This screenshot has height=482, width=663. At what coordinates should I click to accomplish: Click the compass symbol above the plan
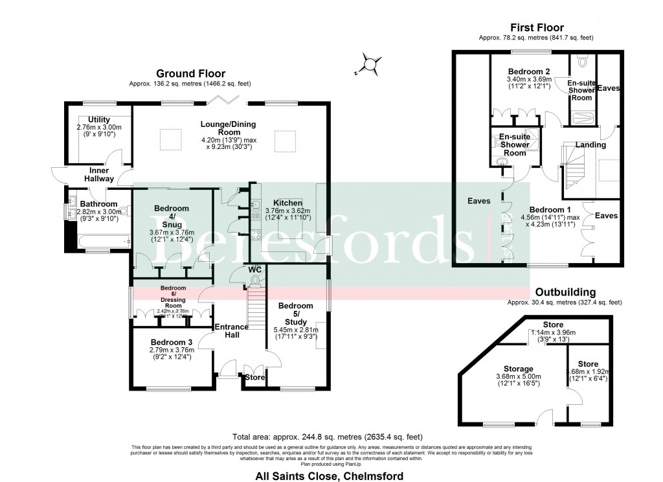[370, 64]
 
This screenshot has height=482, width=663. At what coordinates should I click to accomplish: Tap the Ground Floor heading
[190, 74]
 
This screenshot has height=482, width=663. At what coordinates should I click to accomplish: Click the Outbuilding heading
[565, 292]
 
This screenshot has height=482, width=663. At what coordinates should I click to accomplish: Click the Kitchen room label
[287, 202]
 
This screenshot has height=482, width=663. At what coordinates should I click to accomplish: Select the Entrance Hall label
[232, 330]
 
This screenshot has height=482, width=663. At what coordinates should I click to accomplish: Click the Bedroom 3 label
[172, 342]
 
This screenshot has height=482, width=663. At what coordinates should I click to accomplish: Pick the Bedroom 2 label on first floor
[529, 71]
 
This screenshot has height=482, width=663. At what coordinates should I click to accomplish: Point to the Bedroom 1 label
[550, 210]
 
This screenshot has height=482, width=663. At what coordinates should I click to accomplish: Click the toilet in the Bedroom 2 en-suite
[583, 62]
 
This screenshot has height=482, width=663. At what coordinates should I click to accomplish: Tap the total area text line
[331, 437]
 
